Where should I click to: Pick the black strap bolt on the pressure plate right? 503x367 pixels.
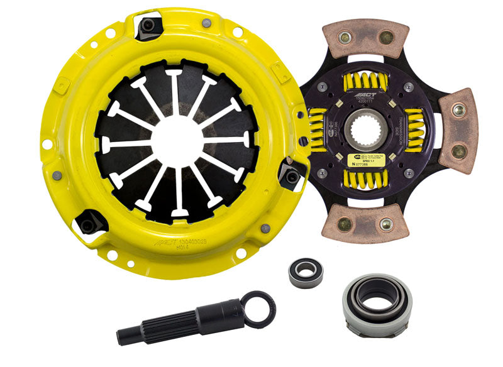tap(290, 178)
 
